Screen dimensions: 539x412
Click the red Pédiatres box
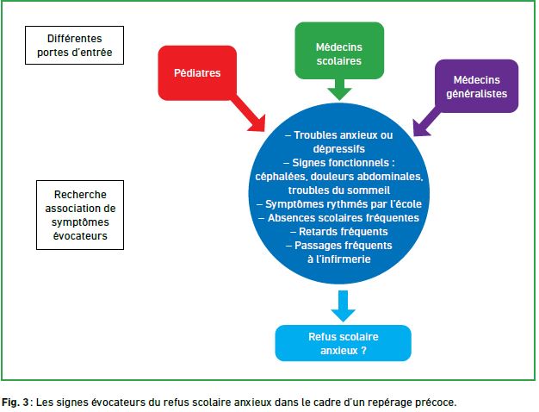coord(197,73)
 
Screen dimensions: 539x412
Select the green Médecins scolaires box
coord(339,51)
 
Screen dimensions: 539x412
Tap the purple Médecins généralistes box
coord(476,86)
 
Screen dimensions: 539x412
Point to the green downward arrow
coord(339,90)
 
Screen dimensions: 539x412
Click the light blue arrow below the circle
coord(343,306)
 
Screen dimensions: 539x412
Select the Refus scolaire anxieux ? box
coord(343,343)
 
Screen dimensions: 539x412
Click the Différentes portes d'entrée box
coord(74,45)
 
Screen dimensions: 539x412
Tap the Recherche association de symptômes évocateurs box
coord(80,215)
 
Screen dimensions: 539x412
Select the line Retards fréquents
coord(339,232)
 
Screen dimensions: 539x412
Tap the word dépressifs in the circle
coord(339,149)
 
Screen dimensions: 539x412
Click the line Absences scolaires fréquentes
coord(338,218)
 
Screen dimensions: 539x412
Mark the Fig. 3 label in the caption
coord(15,403)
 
